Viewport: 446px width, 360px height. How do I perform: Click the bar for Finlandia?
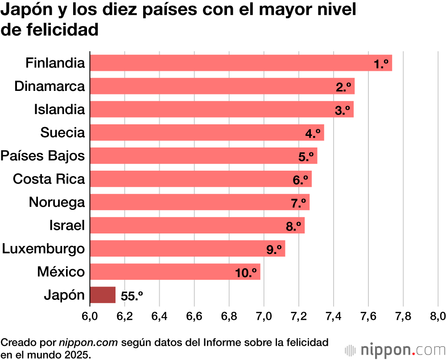pos(241,63)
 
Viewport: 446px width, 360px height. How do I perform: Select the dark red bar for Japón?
pos(103,295)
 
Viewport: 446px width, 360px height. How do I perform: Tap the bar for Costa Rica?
pos(201,179)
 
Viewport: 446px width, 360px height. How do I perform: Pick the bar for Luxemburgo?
pos(187,249)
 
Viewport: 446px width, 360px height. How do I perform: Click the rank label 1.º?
pos(382,64)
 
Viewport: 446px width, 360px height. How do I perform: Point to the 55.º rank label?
pos(132,296)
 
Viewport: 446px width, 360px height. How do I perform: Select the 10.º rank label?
pos(246,273)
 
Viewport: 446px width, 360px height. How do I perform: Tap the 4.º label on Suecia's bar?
pos(313,134)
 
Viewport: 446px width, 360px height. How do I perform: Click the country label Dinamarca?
pos(50,86)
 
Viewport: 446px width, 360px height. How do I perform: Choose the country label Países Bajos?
pos(43,156)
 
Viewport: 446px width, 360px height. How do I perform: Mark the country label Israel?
pos(67,225)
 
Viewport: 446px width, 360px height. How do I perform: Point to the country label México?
pos(61,272)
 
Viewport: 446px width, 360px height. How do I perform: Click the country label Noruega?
pos(57,202)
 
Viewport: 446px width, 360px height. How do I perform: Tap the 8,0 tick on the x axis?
pos(437,316)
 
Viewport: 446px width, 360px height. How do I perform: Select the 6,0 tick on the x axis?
pos(90,316)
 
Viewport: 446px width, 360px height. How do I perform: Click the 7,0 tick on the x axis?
pos(264,316)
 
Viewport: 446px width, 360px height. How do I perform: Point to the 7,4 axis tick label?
pos(333,316)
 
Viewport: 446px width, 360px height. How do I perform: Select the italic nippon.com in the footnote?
pos(88,343)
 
